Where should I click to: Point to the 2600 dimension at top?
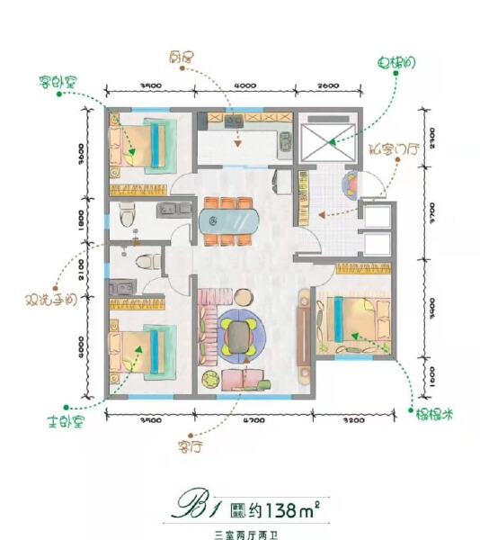coord(329,85)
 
